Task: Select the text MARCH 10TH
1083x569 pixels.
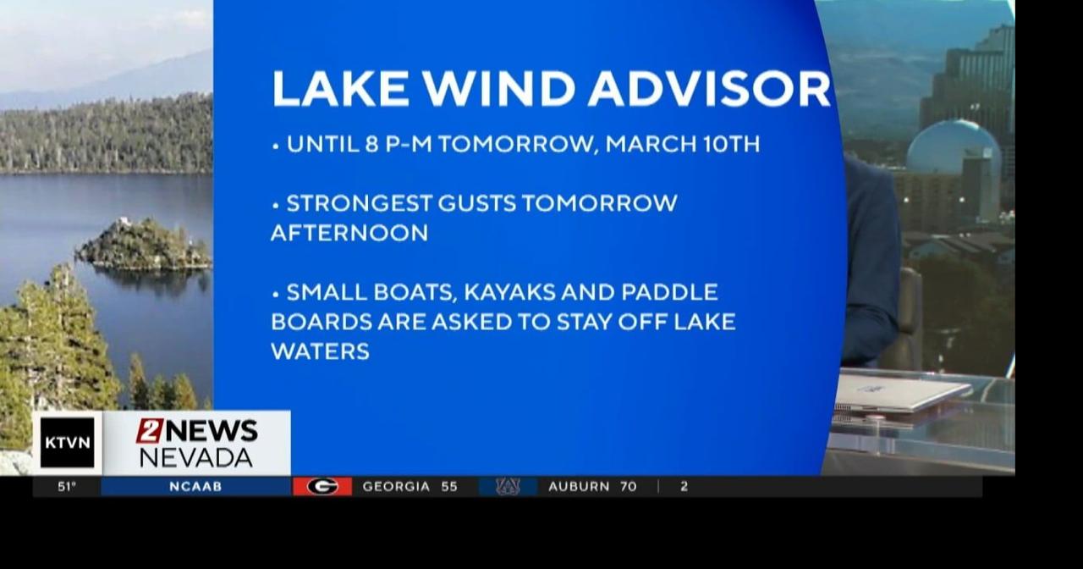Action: (682, 144)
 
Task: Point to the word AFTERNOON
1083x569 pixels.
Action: (349, 233)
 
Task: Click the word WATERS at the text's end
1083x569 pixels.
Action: (320, 351)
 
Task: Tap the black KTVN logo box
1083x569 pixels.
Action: (68, 442)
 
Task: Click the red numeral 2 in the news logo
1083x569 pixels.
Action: (149, 430)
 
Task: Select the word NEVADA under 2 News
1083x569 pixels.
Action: (195, 458)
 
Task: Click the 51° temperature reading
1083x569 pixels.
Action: (67, 487)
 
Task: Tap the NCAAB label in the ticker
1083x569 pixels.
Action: (195, 487)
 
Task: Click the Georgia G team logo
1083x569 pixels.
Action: (322, 487)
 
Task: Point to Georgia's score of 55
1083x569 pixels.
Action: (448, 487)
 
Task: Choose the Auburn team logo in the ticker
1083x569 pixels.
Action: (508, 487)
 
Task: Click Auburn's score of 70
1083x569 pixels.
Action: (627, 487)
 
